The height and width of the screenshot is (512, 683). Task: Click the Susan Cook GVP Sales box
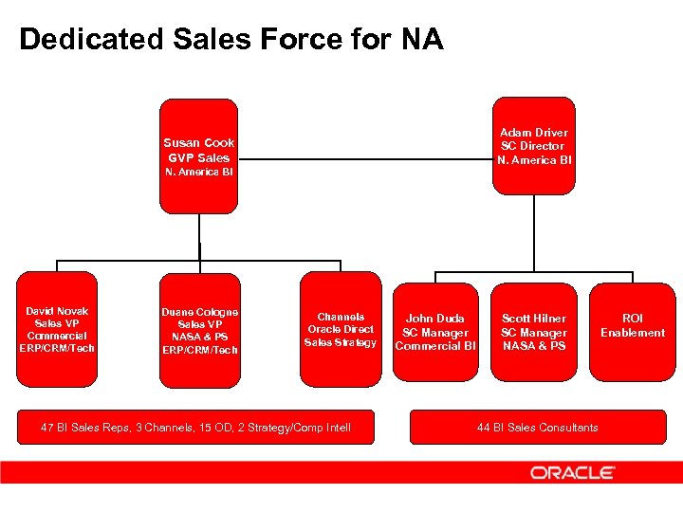198,157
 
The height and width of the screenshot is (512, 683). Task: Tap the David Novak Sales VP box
57,329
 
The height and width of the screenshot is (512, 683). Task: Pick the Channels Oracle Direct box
341,329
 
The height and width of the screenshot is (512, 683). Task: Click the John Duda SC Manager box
435,332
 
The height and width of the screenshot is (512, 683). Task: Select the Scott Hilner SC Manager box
534,332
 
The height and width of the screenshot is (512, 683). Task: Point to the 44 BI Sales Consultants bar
537,428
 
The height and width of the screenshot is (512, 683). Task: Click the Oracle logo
572,472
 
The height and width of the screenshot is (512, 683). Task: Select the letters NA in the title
421,40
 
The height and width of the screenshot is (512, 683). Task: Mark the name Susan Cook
199,143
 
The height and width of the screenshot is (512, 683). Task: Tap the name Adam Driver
534,133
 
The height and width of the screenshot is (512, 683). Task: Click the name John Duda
435,319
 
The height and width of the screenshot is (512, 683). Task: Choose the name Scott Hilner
534,319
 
